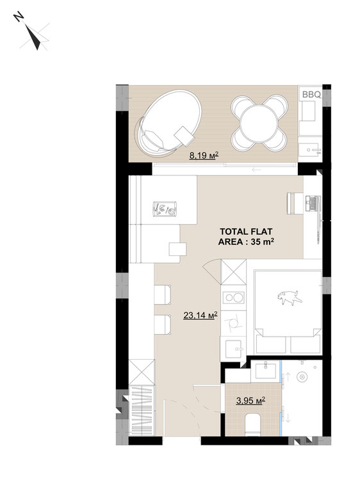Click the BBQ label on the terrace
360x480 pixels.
311,95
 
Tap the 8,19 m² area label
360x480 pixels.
204,156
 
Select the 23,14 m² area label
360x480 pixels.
200,315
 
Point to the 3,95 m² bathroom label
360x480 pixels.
250,401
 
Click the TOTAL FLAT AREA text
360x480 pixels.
246,237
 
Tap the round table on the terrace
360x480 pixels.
259,124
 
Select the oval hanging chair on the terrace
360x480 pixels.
168,124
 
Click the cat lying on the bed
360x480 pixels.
290,298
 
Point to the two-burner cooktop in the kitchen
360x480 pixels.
233,297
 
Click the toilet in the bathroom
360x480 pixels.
253,424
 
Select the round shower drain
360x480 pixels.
302,377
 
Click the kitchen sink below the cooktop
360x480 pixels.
235,349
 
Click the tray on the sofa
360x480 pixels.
165,209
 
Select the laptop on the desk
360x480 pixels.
313,204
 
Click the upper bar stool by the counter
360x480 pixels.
162,295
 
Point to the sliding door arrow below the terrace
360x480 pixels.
256,170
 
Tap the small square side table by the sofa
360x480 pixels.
177,249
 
